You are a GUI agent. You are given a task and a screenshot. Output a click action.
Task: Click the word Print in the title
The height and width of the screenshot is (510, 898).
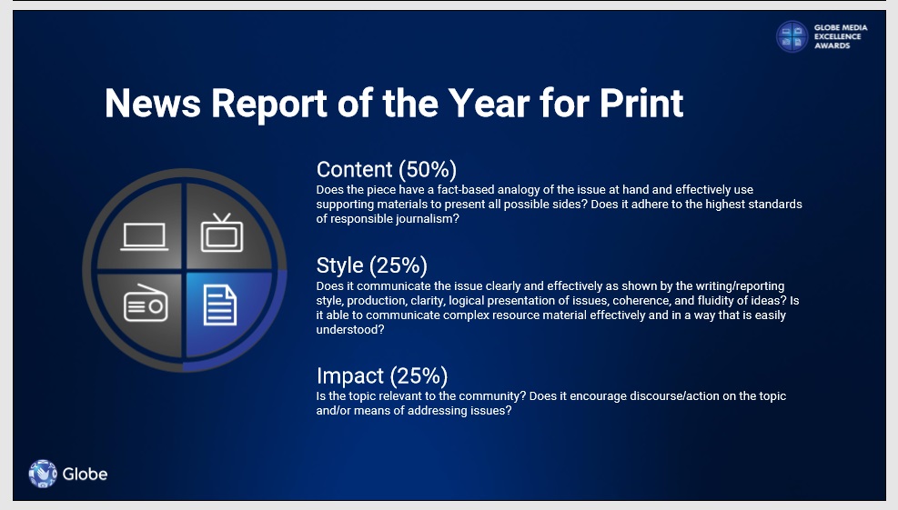[x=641, y=104]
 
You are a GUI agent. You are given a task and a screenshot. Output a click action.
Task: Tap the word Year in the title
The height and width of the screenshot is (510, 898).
[x=489, y=104]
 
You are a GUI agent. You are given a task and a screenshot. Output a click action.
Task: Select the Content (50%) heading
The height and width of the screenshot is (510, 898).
[x=387, y=169]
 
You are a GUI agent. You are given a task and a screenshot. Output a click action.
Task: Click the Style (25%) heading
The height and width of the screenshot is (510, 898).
[x=372, y=265]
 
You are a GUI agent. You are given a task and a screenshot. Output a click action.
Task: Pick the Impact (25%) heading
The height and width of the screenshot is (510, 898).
[x=382, y=376]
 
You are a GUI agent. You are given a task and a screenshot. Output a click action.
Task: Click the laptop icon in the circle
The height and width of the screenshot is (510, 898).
[x=145, y=236]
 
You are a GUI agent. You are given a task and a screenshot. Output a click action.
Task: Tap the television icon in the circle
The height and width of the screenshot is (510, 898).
[x=222, y=233]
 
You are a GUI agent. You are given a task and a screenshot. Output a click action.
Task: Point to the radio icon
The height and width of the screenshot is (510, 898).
[x=146, y=304]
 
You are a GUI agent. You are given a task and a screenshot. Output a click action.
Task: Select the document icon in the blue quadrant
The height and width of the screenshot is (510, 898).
[x=220, y=305]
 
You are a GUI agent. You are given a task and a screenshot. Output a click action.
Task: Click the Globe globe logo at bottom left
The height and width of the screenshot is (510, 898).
[x=43, y=474]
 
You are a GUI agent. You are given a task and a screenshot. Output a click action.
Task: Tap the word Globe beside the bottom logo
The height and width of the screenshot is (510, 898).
[x=85, y=474]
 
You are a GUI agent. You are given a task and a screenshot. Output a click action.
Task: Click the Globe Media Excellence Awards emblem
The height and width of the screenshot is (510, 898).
[x=792, y=36]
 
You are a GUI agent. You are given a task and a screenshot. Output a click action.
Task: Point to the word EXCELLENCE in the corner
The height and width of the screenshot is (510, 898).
[x=837, y=36]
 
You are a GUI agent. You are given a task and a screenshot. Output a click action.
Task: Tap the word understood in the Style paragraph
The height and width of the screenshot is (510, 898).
[x=350, y=330]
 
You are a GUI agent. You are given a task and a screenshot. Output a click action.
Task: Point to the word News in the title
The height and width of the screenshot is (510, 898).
[x=153, y=104]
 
